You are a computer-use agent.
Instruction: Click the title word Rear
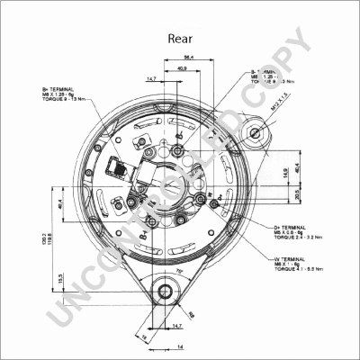[180, 39]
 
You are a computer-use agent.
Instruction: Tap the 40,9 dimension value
[184, 68]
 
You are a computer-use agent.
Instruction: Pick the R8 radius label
[192, 315]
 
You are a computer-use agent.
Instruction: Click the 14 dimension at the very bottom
[179, 346]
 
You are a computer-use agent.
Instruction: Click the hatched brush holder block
[118, 166]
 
